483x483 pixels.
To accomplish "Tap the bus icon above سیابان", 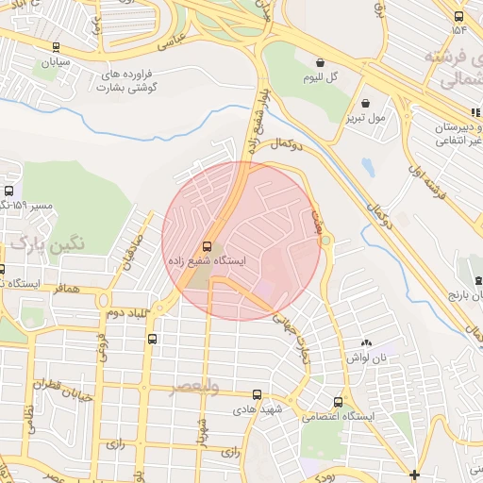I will tap(57, 46).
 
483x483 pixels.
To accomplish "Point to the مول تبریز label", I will tap(365, 120).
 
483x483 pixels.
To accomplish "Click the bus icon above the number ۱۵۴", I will tap(458, 16).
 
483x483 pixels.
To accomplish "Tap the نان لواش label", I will tap(367, 358).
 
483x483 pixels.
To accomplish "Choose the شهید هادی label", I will tap(255, 412).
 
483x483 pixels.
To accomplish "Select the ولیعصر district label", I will tap(195, 388).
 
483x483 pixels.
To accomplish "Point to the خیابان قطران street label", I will tap(64, 390).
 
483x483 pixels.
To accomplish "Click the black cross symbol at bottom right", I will tap(414, 474).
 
